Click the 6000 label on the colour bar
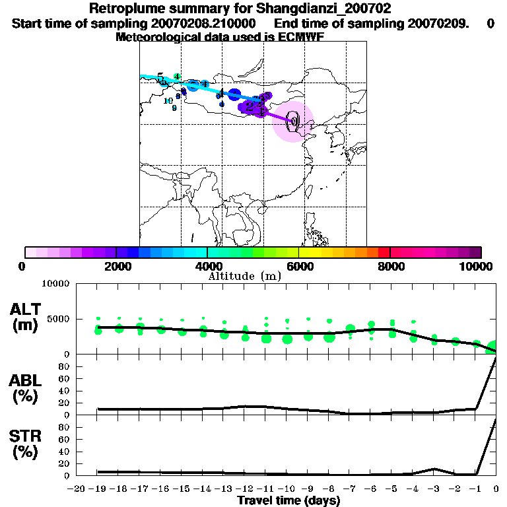coord(299,266)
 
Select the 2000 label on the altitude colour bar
coord(116,266)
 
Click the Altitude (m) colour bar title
coord(245,276)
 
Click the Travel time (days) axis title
coord(288,501)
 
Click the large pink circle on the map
coord(292,122)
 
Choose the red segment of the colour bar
coord(383,252)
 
